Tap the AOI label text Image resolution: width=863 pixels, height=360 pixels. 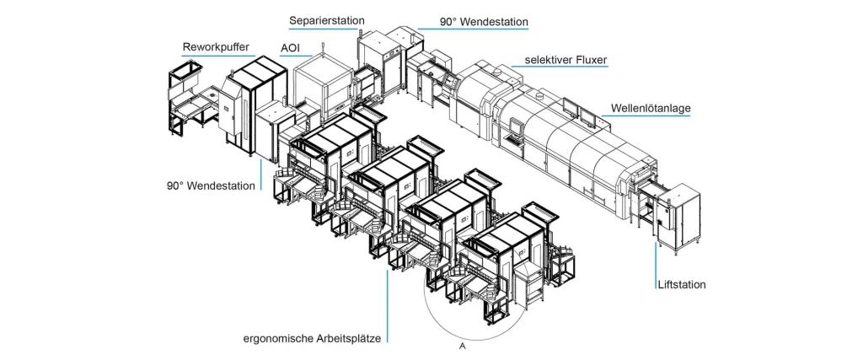coord(290,48)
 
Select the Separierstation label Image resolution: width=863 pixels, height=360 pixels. coord(326,20)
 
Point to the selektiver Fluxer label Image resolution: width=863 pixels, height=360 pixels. coord(566,60)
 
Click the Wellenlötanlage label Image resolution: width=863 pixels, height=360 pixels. coord(651,109)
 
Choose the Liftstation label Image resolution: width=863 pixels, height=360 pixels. coord(682,285)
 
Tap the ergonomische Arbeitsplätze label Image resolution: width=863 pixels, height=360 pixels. coord(312,338)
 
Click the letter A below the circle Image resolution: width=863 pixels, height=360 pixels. coord(463,347)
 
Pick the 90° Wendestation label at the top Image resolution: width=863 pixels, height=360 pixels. coord(484,22)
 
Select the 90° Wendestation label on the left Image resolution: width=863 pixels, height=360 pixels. coord(211,185)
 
